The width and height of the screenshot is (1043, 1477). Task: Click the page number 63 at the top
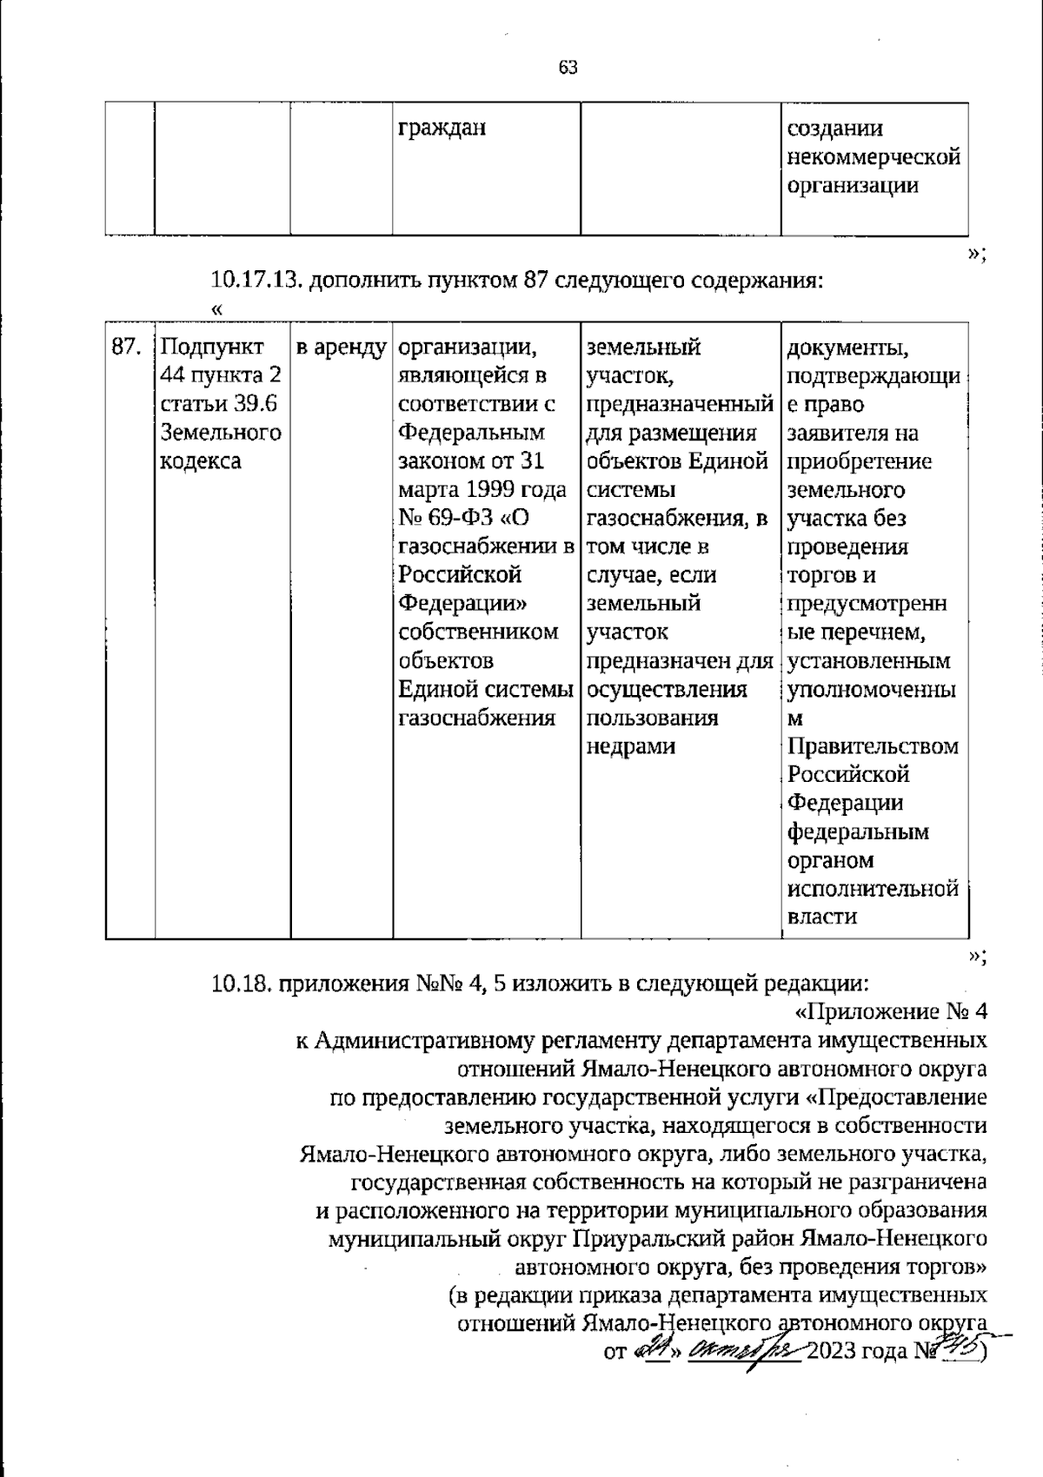click(x=568, y=68)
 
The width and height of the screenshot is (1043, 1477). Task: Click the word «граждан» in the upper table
click(x=442, y=129)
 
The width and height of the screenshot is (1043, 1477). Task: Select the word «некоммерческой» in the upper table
click(x=873, y=157)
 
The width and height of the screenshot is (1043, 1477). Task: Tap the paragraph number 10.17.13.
click(x=256, y=281)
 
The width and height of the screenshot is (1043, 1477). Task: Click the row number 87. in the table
click(x=127, y=348)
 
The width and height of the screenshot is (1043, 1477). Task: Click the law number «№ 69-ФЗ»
click(x=447, y=519)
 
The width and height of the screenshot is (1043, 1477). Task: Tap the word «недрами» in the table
click(x=631, y=747)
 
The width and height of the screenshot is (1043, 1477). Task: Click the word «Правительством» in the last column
click(x=873, y=746)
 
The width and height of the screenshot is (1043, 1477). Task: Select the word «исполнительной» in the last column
click(x=873, y=889)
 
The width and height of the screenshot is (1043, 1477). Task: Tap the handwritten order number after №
click(x=958, y=1349)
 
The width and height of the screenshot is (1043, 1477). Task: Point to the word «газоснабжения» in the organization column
click(x=476, y=719)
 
